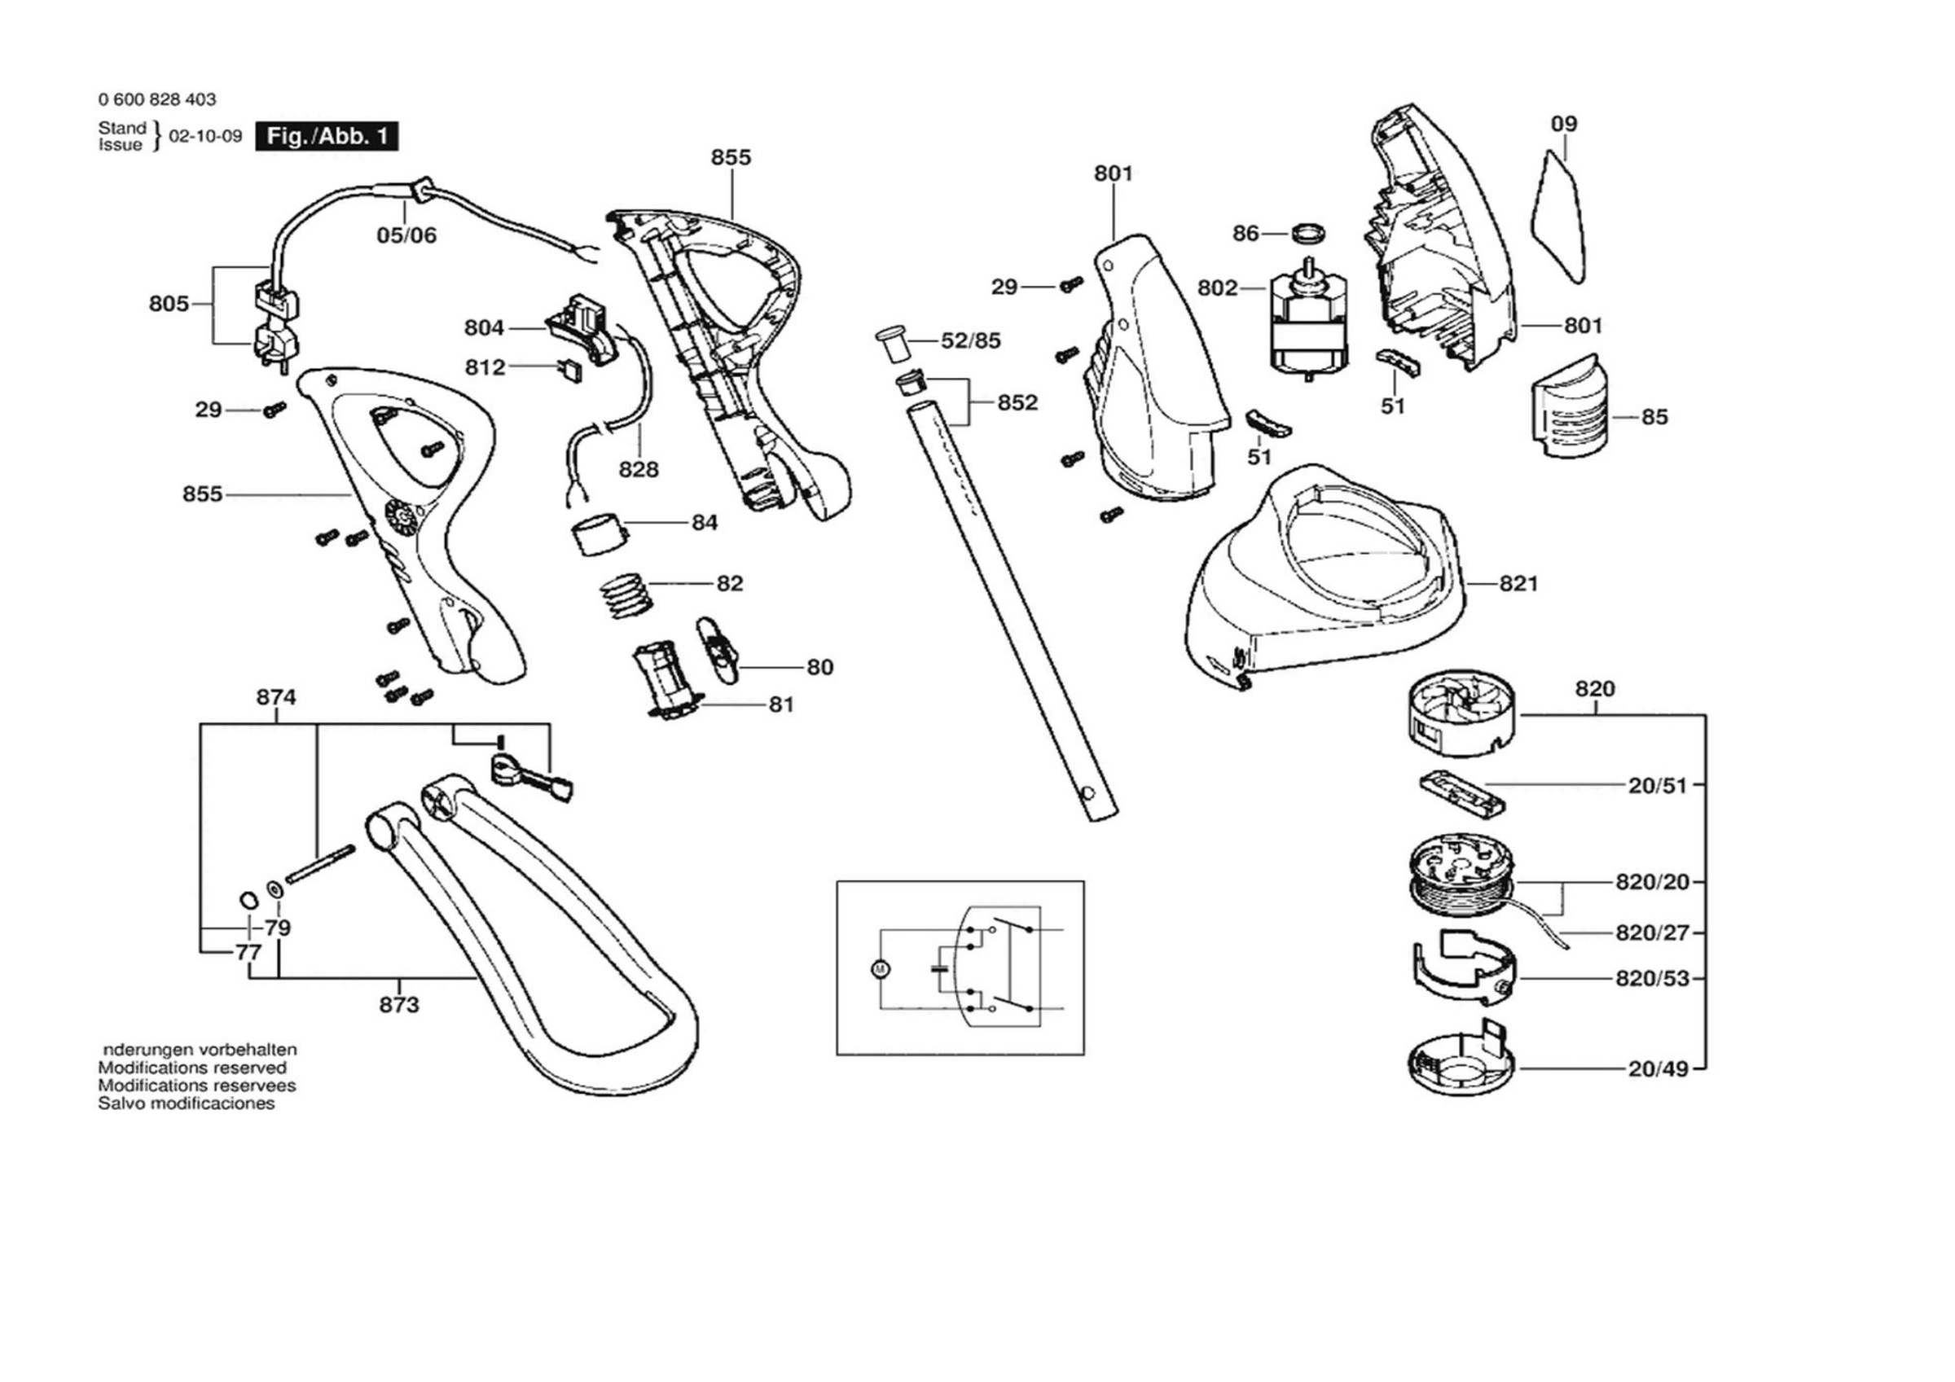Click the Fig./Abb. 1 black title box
click(x=327, y=137)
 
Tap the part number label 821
click(x=1520, y=584)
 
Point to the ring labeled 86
click(x=1311, y=232)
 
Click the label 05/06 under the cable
click(x=407, y=235)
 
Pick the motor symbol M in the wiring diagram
click(x=881, y=969)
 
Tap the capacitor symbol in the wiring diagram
click(x=940, y=968)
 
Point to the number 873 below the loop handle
click(x=399, y=1006)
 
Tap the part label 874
click(x=277, y=697)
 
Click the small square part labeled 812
click(x=571, y=371)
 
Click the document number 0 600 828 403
click(x=157, y=99)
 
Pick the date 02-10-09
click(x=205, y=136)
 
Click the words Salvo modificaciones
click(x=187, y=1103)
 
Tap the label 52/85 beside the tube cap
click(x=971, y=341)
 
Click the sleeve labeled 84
click(x=598, y=535)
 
